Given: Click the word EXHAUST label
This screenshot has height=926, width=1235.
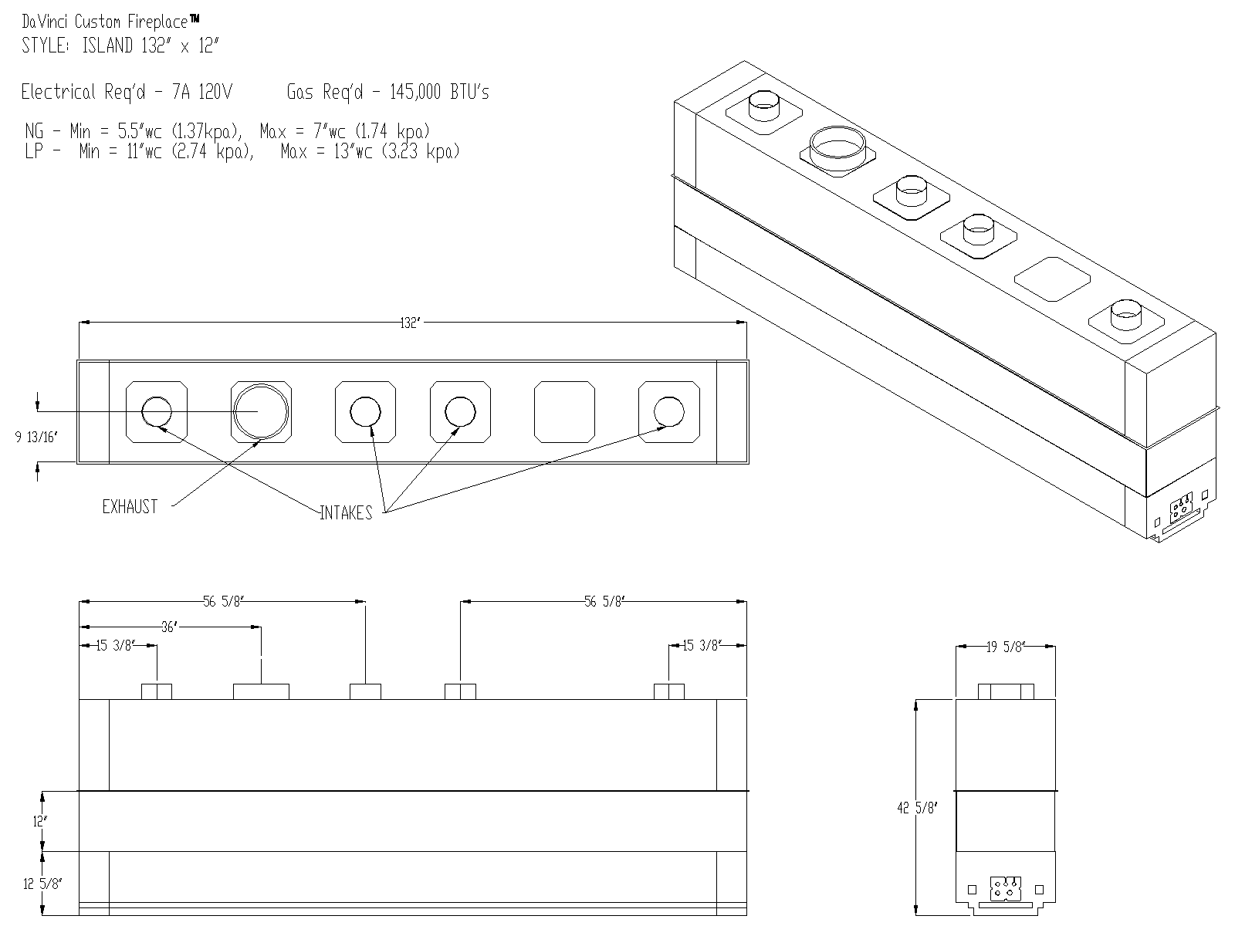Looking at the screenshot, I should [x=130, y=507].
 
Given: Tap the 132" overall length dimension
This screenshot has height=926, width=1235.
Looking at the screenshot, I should [x=409, y=323].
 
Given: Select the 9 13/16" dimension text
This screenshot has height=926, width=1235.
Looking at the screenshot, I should [x=36, y=438].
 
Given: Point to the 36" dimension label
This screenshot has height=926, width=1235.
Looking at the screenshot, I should [x=169, y=627].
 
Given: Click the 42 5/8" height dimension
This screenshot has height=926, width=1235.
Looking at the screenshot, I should [x=917, y=808].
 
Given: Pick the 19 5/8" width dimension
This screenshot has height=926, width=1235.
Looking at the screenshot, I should [x=1005, y=647].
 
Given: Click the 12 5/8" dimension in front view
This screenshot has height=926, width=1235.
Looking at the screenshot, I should [x=42, y=884].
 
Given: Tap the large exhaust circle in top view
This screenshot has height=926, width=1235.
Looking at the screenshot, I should [x=261, y=411].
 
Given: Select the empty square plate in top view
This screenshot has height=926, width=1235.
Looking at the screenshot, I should [x=565, y=412].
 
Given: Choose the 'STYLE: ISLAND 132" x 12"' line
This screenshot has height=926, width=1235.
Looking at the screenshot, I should [x=120, y=46].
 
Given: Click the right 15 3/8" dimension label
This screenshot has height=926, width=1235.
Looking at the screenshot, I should [x=701, y=645].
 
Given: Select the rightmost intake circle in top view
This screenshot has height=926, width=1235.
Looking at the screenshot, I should [x=668, y=412].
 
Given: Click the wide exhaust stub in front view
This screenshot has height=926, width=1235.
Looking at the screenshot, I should [x=261, y=691].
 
